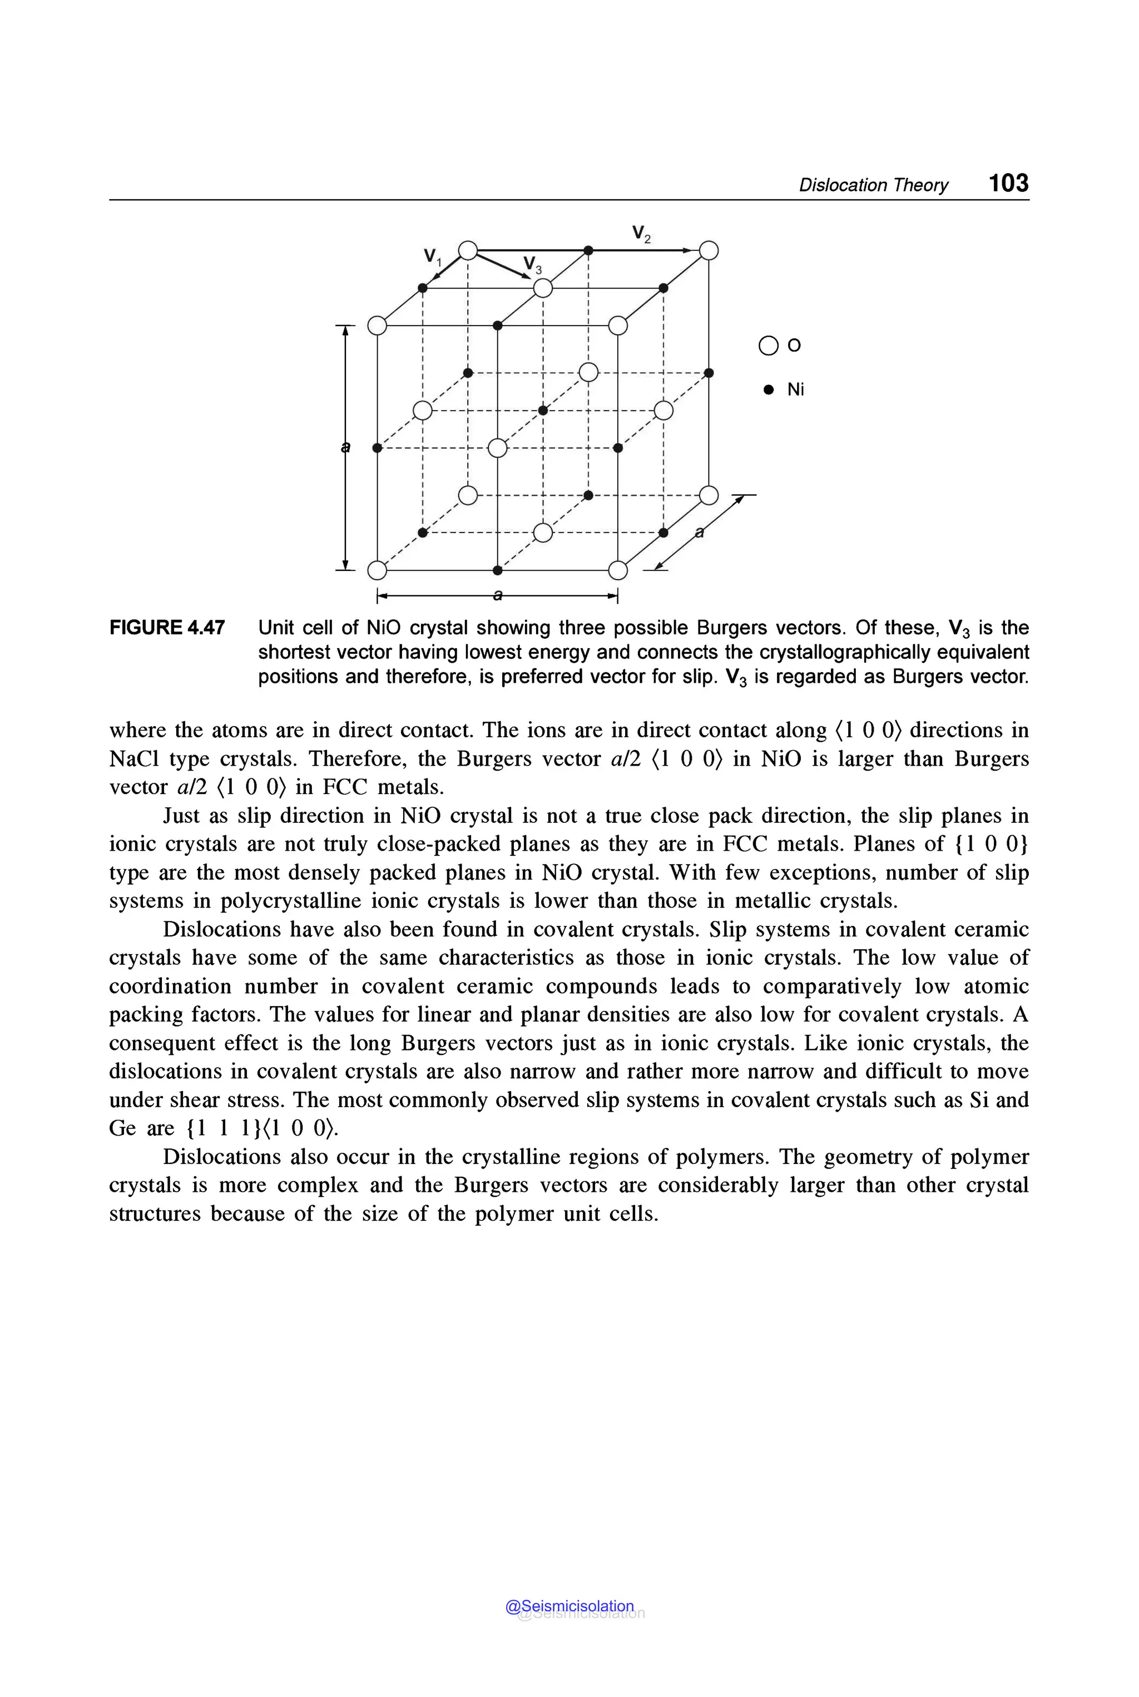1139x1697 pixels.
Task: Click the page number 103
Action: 1008,182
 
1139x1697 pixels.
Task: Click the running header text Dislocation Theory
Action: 873,185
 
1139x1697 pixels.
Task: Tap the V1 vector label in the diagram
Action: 432,256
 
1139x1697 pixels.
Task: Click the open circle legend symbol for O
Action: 768,346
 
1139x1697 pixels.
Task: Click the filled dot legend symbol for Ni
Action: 769,389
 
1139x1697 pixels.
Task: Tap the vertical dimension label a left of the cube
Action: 346,447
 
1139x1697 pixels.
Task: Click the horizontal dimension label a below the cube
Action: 498,596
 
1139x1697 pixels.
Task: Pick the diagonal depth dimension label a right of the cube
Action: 700,532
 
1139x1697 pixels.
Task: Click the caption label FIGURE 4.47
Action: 167,628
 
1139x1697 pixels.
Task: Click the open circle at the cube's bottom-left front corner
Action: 377,570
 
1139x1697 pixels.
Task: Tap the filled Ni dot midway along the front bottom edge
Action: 498,570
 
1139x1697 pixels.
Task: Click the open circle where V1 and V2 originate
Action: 468,251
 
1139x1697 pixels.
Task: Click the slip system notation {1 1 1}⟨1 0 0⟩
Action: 261,1129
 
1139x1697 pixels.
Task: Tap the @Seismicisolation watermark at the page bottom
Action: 569,1607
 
